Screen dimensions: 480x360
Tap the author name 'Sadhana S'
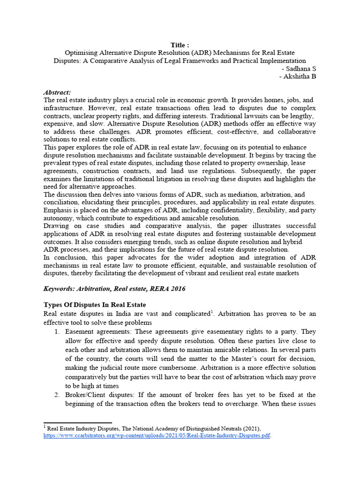tap(301, 68)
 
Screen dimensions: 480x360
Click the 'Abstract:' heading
tap(57, 92)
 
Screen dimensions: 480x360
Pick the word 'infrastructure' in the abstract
tap(62, 108)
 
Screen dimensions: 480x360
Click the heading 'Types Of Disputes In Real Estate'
tap(95, 305)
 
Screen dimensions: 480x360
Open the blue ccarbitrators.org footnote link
tap(157, 435)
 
